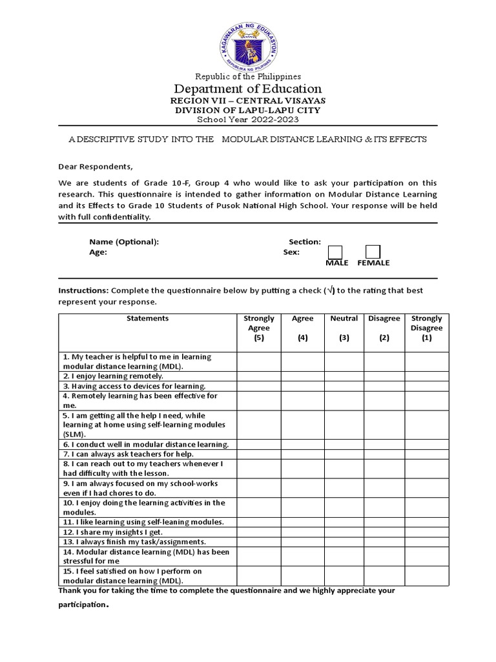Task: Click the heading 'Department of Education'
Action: pos(248,89)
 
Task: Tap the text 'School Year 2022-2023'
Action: pos(248,120)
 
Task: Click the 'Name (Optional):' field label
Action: pos(124,242)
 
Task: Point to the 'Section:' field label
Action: pos(305,242)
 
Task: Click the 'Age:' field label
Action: pos(98,252)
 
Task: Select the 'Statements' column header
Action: pos(147,318)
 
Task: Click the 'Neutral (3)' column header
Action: pos(344,328)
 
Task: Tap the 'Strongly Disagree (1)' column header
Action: pos(426,328)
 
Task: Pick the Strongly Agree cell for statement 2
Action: pos(259,376)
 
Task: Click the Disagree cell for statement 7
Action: pos(384,454)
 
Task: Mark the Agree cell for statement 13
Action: pos(302,542)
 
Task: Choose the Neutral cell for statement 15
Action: pos(344,576)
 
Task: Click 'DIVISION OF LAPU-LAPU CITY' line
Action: pos(248,111)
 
